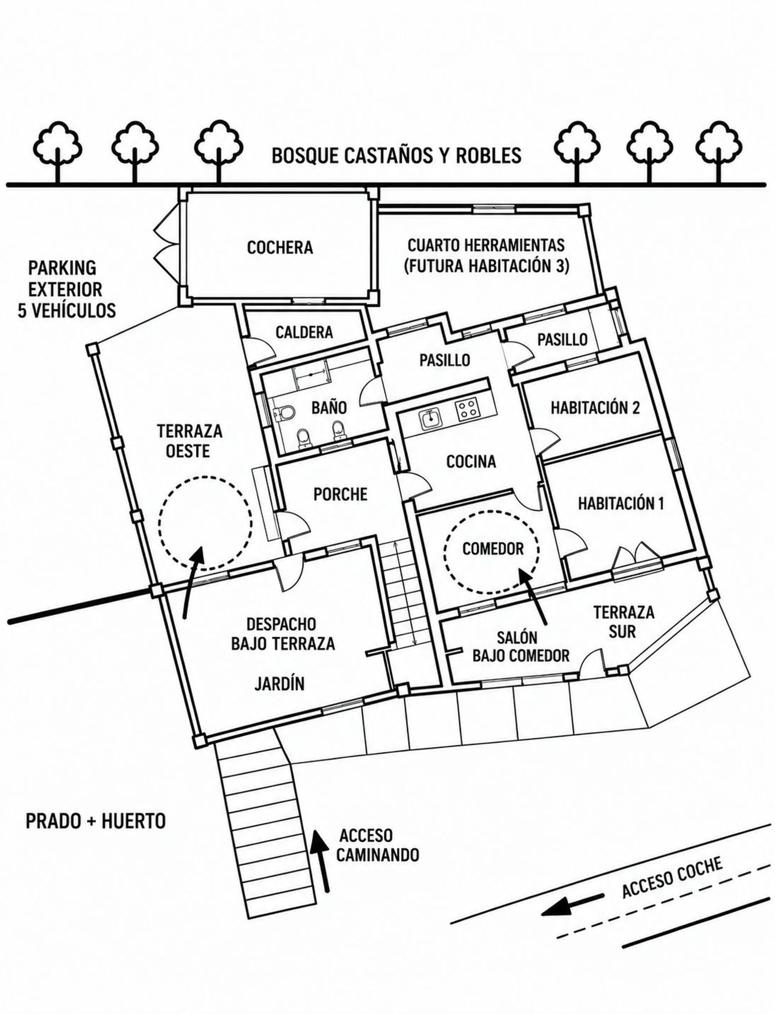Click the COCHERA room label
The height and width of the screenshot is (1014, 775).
pyautogui.click(x=280, y=247)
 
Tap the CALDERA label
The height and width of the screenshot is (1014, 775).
pyautogui.click(x=304, y=332)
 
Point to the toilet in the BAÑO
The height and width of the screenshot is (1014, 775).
pyautogui.click(x=284, y=413)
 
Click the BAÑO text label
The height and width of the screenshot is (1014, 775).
pyautogui.click(x=329, y=407)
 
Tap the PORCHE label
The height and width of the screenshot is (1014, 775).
pyautogui.click(x=340, y=494)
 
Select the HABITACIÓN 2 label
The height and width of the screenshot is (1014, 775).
pyautogui.click(x=595, y=407)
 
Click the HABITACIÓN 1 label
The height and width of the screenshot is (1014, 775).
pyautogui.click(x=621, y=503)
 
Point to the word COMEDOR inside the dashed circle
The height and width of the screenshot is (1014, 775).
pyautogui.click(x=493, y=549)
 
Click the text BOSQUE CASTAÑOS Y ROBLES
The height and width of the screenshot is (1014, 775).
pyautogui.click(x=396, y=155)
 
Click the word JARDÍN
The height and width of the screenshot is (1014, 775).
pyautogui.click(x=280, y=684)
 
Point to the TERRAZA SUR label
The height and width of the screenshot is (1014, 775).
pyautogui.click(x=624, y=622)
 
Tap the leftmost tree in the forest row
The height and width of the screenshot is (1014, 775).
pyautogui.click(x=57, y=151)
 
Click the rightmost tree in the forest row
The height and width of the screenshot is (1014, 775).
pyautogui.click(x=719, y=151)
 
